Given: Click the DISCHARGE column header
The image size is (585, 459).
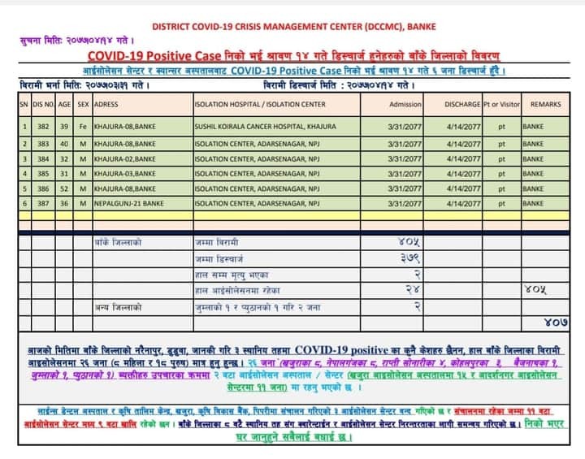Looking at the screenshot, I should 463,105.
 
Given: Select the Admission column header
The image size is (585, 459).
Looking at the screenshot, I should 405,105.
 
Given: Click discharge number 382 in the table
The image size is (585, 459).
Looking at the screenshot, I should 42,128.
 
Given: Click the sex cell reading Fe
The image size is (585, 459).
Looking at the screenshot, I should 83,128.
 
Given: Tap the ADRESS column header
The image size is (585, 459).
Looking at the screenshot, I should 107,105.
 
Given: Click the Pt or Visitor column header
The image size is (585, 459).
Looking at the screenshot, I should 500,105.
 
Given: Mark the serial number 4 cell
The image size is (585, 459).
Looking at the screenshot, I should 24,172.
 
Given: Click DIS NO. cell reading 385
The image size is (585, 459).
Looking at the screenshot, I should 42,172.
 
